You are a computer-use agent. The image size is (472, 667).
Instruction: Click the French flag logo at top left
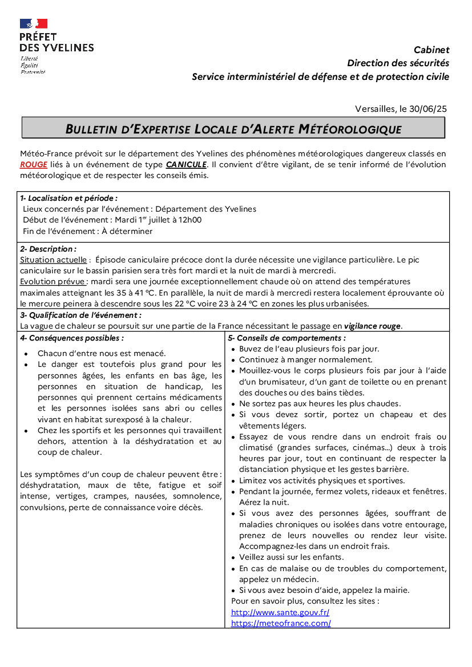[34, 23]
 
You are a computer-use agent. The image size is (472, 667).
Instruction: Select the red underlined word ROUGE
[34, 164]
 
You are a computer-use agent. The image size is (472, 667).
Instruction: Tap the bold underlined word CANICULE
[186, 164]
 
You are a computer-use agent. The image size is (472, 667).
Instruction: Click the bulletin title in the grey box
[233, 129]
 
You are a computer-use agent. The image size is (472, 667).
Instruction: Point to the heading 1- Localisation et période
[68, 198]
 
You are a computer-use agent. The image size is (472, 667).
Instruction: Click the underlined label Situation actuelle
[54, 260]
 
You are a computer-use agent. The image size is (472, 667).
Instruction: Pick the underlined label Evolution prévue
[54, 282]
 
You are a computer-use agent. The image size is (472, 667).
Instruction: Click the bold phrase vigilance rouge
[373, 326]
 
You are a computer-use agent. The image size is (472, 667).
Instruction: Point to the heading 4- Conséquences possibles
[72, 338]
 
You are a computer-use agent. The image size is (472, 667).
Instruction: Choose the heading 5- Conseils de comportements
[287, 338]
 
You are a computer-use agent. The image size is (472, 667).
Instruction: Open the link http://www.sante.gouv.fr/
[280, 612]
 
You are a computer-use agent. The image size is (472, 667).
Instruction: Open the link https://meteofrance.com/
[281, 623]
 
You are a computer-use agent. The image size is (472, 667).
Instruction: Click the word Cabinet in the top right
[431, 50]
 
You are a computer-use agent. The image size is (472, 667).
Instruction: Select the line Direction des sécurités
[398, 63]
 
